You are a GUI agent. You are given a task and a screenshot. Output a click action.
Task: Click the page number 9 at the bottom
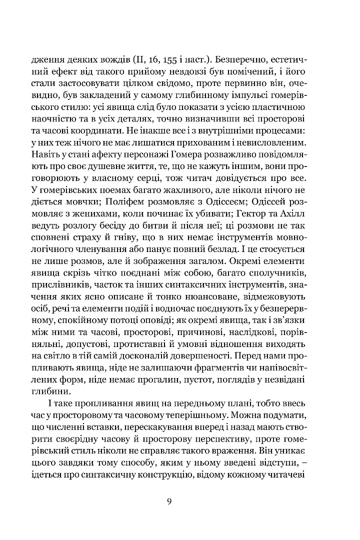(170, 502)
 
